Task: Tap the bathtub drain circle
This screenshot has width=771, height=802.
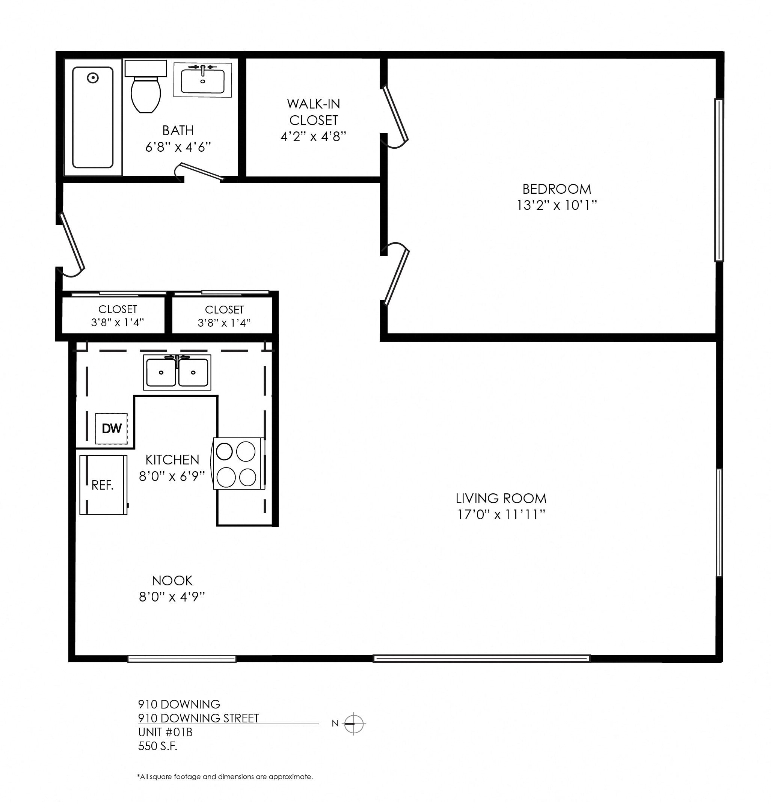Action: click(x=93, y=78)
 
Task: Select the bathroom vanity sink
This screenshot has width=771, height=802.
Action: click(x=202, y=81)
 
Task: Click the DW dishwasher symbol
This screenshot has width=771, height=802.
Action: click(x=111, y=428)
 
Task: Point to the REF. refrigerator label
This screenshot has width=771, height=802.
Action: click(x=102, y=485)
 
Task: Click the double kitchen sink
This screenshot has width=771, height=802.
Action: click(x=177, y=372)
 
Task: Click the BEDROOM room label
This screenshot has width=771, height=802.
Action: click(x=557, y=189)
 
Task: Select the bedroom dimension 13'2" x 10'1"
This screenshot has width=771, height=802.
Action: click(x=557, y=205)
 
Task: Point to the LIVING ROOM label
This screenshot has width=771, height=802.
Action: click(x=501, y=498)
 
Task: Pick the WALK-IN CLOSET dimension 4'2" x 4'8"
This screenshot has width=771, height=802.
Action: click(x=313, y=137)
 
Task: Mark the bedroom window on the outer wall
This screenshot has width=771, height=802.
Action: click(x=719, y=180)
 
